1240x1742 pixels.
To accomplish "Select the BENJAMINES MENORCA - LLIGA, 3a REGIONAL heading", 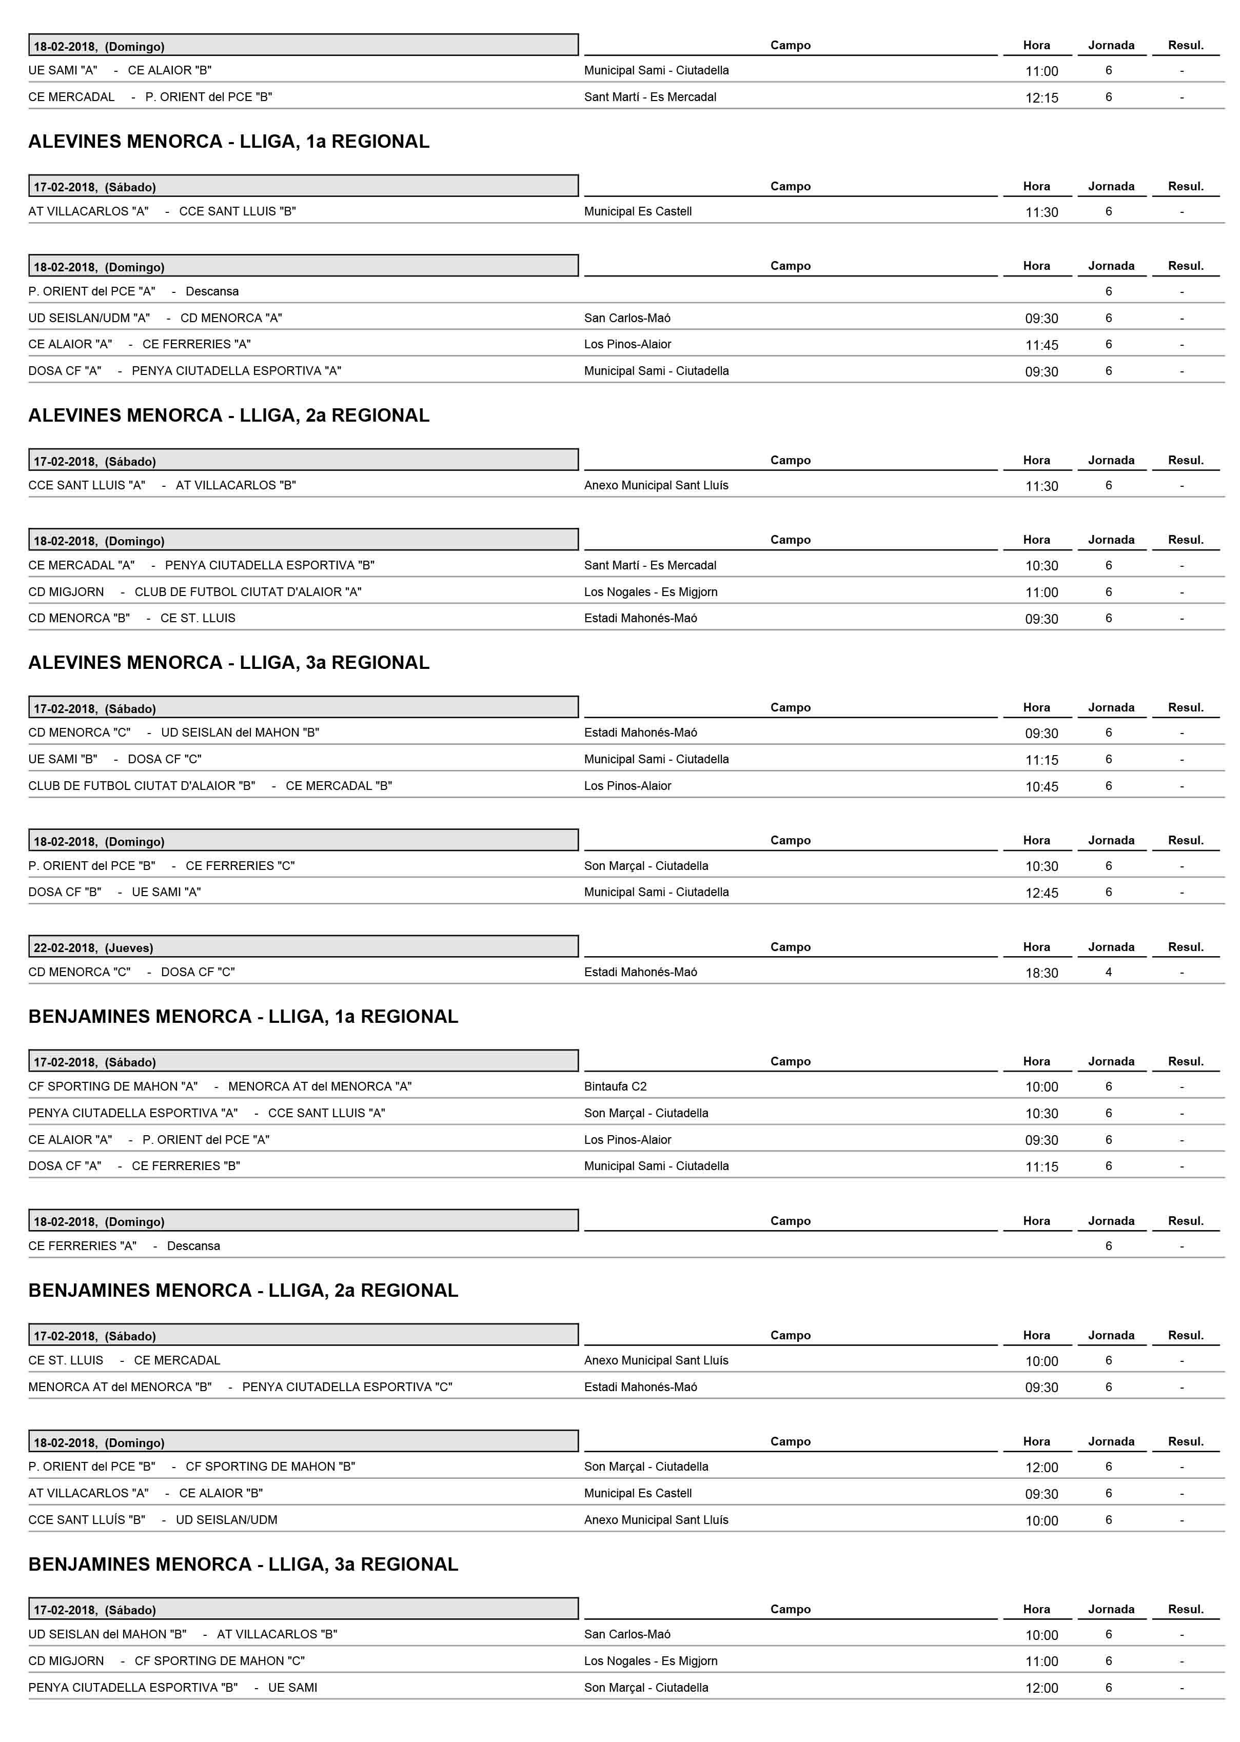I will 243,1564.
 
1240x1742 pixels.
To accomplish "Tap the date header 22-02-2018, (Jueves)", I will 93,947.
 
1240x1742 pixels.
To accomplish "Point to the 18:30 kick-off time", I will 1041,973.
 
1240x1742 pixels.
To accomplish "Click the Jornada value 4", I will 1109,972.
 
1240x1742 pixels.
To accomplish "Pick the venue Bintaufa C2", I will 616,1086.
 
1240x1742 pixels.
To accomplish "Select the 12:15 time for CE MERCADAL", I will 1041,97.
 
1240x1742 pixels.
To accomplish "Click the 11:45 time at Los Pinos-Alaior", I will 1041,345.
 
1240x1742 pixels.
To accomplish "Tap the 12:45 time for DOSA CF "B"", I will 1041,893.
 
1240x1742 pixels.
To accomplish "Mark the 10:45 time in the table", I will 1041,786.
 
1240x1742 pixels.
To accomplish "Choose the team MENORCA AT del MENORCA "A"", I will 320,1086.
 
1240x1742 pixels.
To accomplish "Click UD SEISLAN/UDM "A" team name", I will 89,318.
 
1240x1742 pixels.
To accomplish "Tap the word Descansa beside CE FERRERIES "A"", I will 194,1246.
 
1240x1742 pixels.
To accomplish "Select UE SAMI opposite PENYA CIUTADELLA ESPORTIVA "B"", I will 292,1687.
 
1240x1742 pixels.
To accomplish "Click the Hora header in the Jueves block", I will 1036,946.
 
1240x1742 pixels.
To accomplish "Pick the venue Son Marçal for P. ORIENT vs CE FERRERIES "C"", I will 646,866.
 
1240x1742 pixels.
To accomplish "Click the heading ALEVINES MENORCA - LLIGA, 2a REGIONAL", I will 228,415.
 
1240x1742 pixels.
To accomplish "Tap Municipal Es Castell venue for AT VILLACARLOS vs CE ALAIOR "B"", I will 638,1493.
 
